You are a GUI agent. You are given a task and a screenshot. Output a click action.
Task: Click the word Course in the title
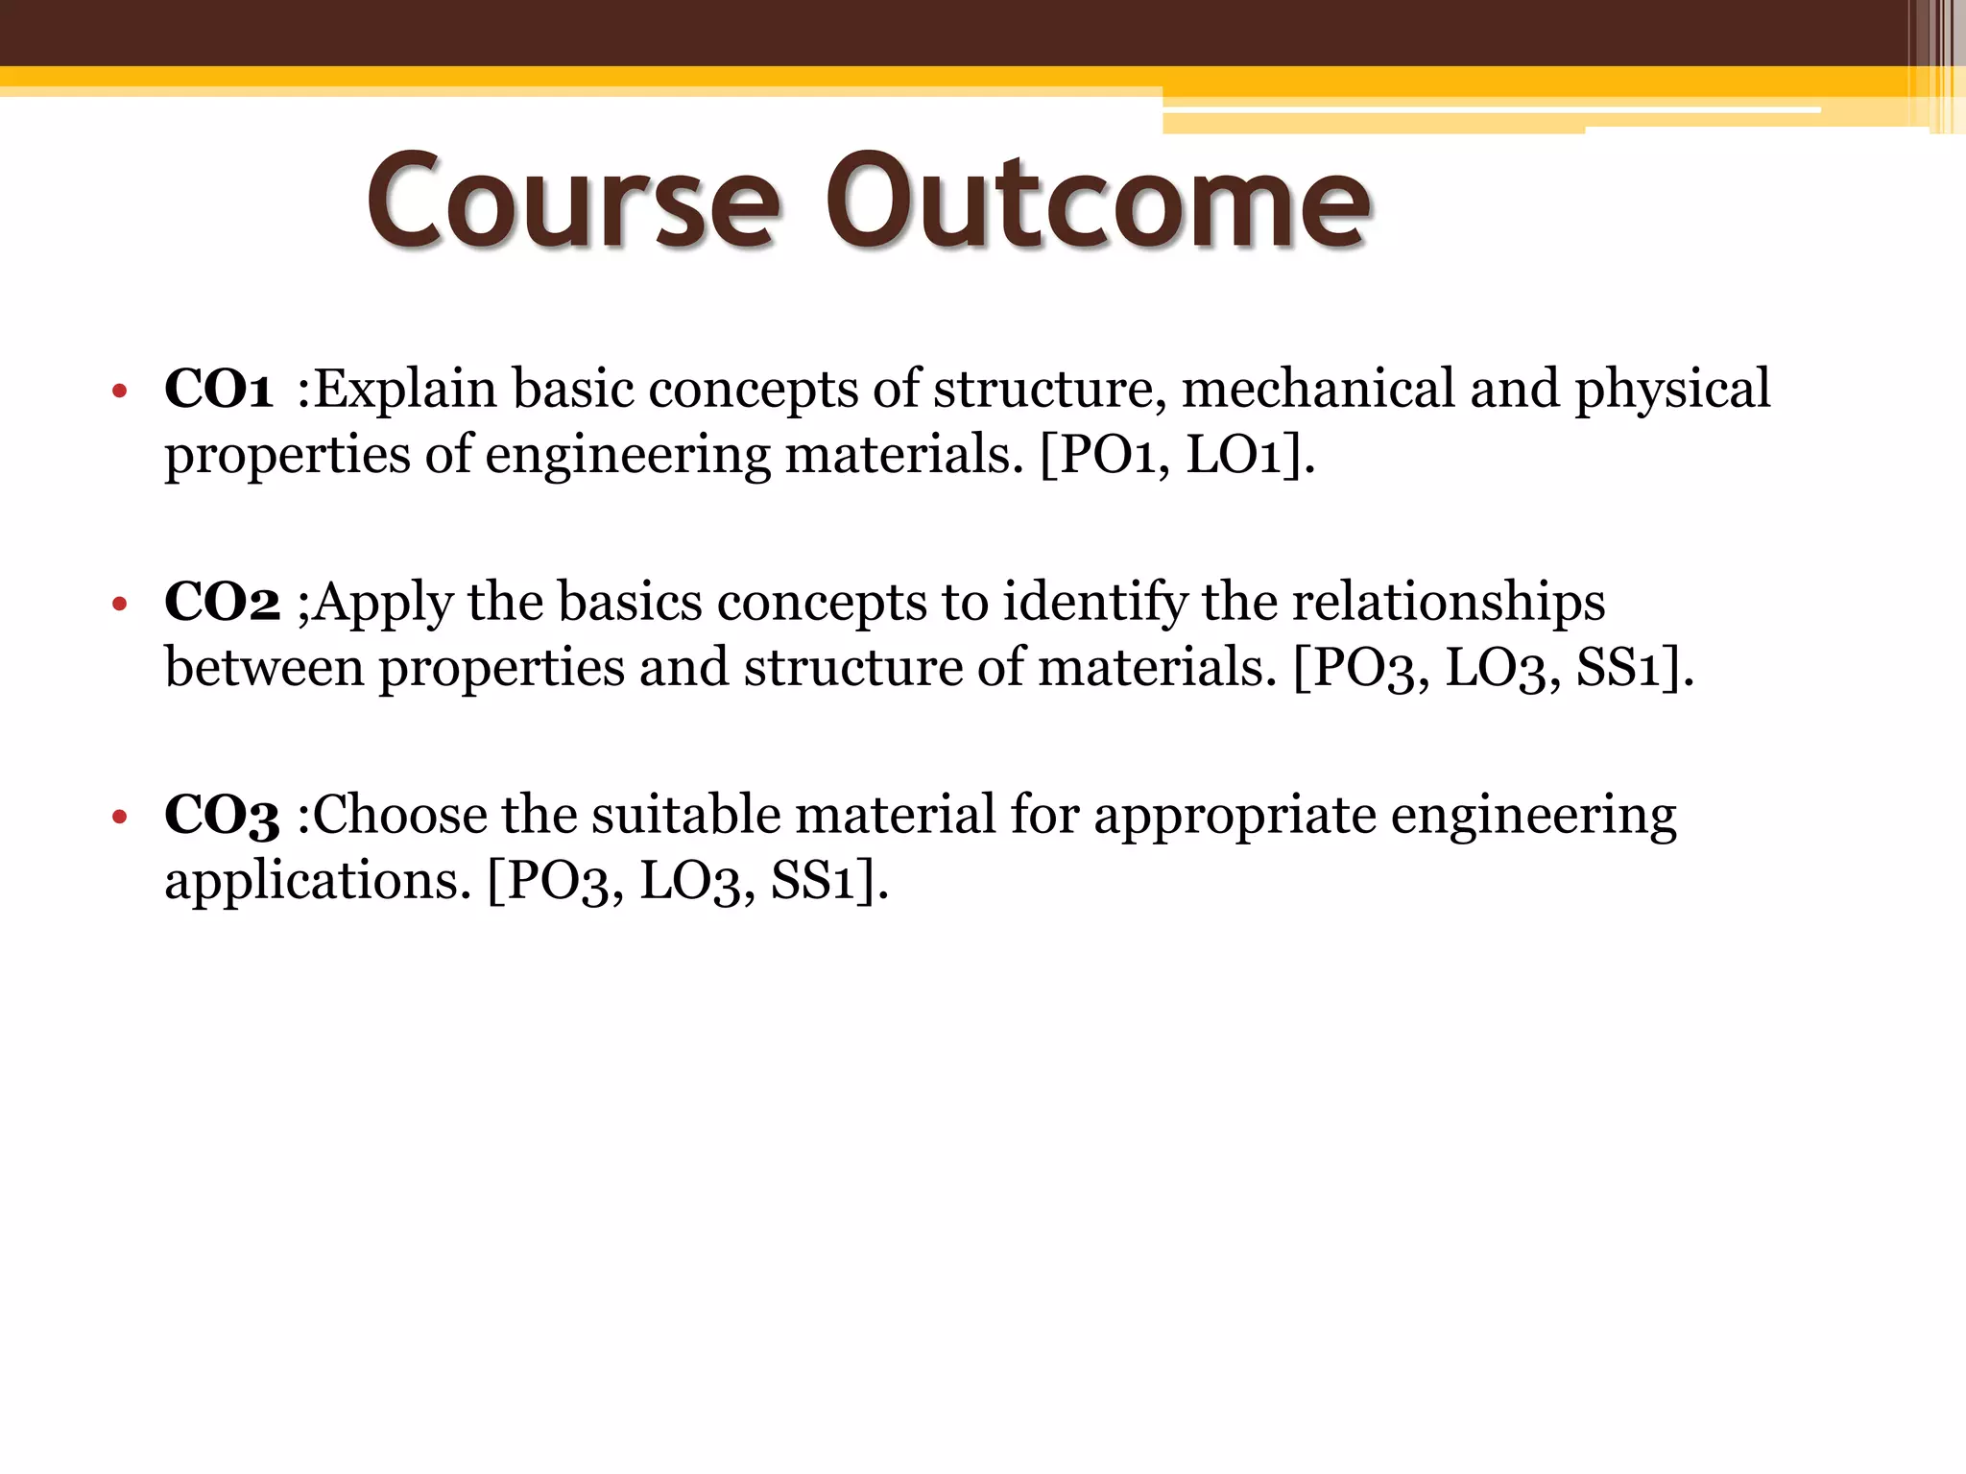pos(572,203)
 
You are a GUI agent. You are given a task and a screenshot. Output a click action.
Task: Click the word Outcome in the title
pos(1098,203)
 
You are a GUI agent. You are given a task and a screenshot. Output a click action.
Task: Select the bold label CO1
pos(219,390)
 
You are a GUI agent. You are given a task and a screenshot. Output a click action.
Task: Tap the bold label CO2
pos(222,603)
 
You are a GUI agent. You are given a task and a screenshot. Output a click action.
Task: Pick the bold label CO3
pos(222,816)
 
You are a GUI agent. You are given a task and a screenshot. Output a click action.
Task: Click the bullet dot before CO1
pos(119,392)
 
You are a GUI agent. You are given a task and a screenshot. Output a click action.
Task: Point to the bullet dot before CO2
pos(119,605)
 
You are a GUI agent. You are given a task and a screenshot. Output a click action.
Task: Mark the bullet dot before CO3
pos(119,818)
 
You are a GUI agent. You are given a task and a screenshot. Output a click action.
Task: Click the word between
pos(264,667)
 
